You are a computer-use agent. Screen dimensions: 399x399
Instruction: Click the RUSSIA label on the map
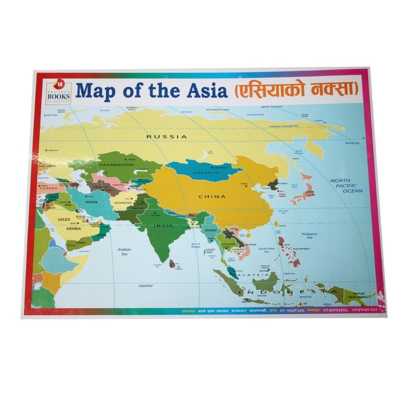pyautogui.click(x=167, y=137)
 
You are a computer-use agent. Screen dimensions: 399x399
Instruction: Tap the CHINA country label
pyautogui.click(x=209, y=197)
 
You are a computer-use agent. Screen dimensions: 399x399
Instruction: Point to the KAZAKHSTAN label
pyautogui.click(x=116, y=165)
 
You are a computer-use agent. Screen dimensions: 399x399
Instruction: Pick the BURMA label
pyautogui.click(x=210, y=230)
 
